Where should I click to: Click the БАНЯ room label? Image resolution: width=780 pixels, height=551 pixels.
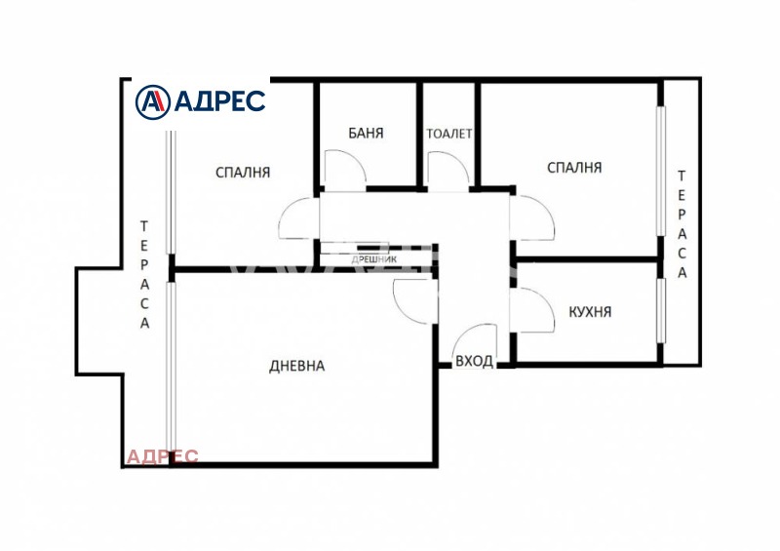click(x=367, y=133)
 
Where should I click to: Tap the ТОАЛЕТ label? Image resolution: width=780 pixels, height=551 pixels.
click(x=449, y=134)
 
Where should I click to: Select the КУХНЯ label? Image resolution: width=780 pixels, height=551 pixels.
click(x=590, y=312)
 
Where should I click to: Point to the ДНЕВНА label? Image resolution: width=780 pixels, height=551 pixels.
click(x=297, y=367)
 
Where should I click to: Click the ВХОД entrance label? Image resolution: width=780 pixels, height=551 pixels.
click(x=474, y=361)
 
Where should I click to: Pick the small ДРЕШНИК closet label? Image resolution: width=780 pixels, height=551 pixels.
click(x=374, y=259)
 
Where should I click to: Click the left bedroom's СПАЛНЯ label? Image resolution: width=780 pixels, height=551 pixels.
click(x=243, y=173)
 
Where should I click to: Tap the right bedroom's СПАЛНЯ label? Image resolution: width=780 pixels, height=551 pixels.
click(x=574, y=167)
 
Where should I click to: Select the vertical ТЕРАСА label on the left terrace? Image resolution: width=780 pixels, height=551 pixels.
click(x=144, y=275)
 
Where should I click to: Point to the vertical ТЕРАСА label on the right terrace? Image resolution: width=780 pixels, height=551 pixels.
click(x=682, y=224)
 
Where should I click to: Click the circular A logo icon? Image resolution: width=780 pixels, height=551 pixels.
click(x=153, y=102)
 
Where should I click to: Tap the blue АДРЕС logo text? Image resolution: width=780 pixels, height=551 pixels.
click(x=220, y=101)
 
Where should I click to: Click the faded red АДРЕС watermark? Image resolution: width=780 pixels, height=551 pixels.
click(x=162, y=456)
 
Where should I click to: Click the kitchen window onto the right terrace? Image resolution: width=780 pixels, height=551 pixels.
click(x=661, y=310)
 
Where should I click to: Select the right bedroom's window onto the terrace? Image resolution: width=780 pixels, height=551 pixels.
click(x=661, y=171)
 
